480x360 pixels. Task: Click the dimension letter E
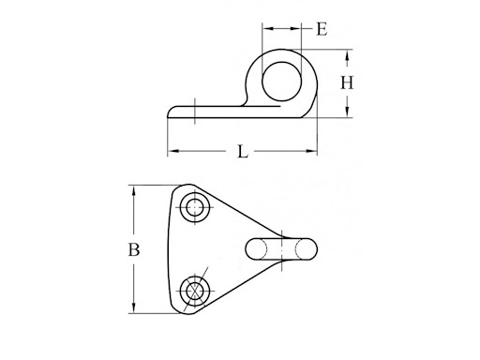coord(321,29)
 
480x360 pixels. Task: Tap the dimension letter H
coord(347,82)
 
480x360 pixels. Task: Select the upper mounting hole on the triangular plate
coord(195,207)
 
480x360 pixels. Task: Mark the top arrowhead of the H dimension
coord(348,52)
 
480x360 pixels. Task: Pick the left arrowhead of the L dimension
coord(172,152)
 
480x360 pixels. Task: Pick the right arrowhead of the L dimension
coord(316,152)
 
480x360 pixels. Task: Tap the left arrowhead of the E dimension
coord(263,29)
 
